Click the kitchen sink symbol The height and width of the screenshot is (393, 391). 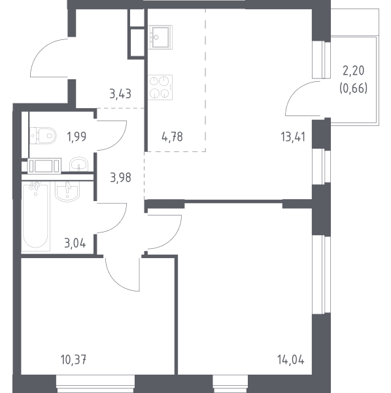coord(160,37)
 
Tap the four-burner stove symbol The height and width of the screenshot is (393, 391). coord(160,87)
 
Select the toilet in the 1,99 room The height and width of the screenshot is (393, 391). coord(42,136)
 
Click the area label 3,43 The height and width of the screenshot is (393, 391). coord(120,94)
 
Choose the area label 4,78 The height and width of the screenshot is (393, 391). coord(172,137)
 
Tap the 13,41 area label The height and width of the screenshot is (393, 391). coord(293,137)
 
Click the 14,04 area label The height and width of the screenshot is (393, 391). coord(291,360)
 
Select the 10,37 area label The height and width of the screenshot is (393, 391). coord(73,360)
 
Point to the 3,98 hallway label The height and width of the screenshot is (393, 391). coord(120,178)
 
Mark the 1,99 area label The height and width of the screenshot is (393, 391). coord(76,137)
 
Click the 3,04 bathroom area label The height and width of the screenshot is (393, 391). coord(75,244)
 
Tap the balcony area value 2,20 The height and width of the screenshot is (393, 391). coord(354,71)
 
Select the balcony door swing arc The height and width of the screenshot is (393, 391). coord(295,92)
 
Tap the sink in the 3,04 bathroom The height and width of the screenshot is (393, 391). coord(67,191)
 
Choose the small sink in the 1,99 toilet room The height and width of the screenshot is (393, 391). coord(78,164)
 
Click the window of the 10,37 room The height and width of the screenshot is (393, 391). coord(95,384)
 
